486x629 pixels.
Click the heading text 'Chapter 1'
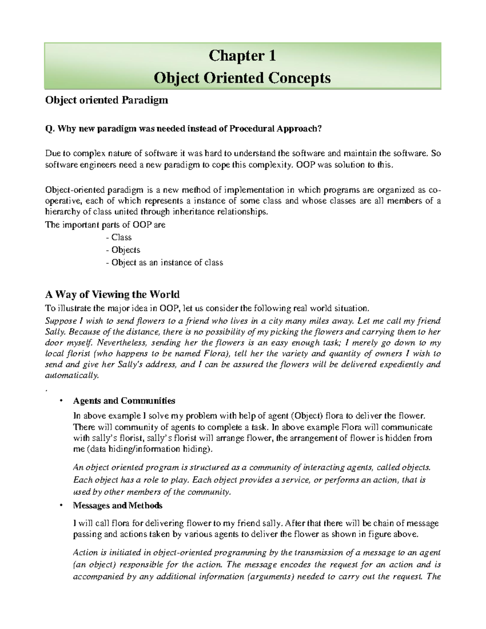pyautogui.click(x=242, y=56)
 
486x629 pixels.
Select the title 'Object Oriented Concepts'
pyautogui.click(x=242, y=78)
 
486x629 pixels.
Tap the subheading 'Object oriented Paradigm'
pyautogui.click(x=106, y=100)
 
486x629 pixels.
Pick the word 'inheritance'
pyautogui.click(x=194, y=212)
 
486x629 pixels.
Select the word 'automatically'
pyautogui.click(x=71, y=375)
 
